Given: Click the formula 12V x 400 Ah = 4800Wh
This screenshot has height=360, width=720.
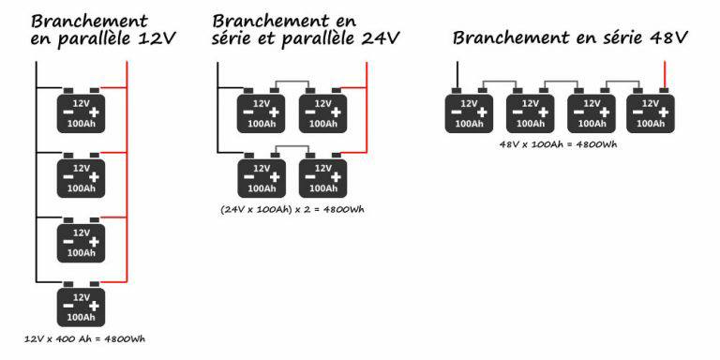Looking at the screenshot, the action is [x=85, y=339].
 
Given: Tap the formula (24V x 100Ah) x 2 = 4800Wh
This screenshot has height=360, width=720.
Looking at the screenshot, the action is [x=292, y=209].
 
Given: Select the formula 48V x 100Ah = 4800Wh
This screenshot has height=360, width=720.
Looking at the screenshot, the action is [x=558, y=144].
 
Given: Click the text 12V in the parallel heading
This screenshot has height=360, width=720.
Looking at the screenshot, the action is [x=157, y=39].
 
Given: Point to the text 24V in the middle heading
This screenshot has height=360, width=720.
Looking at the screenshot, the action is [x=381, y=38].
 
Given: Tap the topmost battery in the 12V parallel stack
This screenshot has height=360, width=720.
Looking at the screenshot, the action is [x=81, y=111].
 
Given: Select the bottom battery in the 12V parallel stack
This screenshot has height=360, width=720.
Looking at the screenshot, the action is [x=81, y=304].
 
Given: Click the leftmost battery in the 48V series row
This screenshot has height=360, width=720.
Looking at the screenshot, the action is [x=469, y=111].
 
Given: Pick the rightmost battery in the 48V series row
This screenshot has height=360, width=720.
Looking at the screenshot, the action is [x=651, y=111].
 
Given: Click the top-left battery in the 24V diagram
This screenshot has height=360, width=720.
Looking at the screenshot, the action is [x=262, y=111].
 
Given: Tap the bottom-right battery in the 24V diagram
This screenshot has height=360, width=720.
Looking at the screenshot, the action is [x=322, y=175].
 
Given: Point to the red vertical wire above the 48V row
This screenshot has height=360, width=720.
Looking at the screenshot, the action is [x=664, y=75].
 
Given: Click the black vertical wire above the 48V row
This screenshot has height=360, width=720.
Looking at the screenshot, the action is [x=457, y=75].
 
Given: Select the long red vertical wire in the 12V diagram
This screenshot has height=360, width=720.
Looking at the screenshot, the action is [x=127, y=172].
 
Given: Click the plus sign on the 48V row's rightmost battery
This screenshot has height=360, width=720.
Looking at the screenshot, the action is [x=664, y=112].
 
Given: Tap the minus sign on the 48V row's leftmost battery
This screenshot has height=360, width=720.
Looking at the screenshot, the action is [x=457, y=112].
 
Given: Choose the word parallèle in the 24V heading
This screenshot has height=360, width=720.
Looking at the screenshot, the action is [x=319, y=39].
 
